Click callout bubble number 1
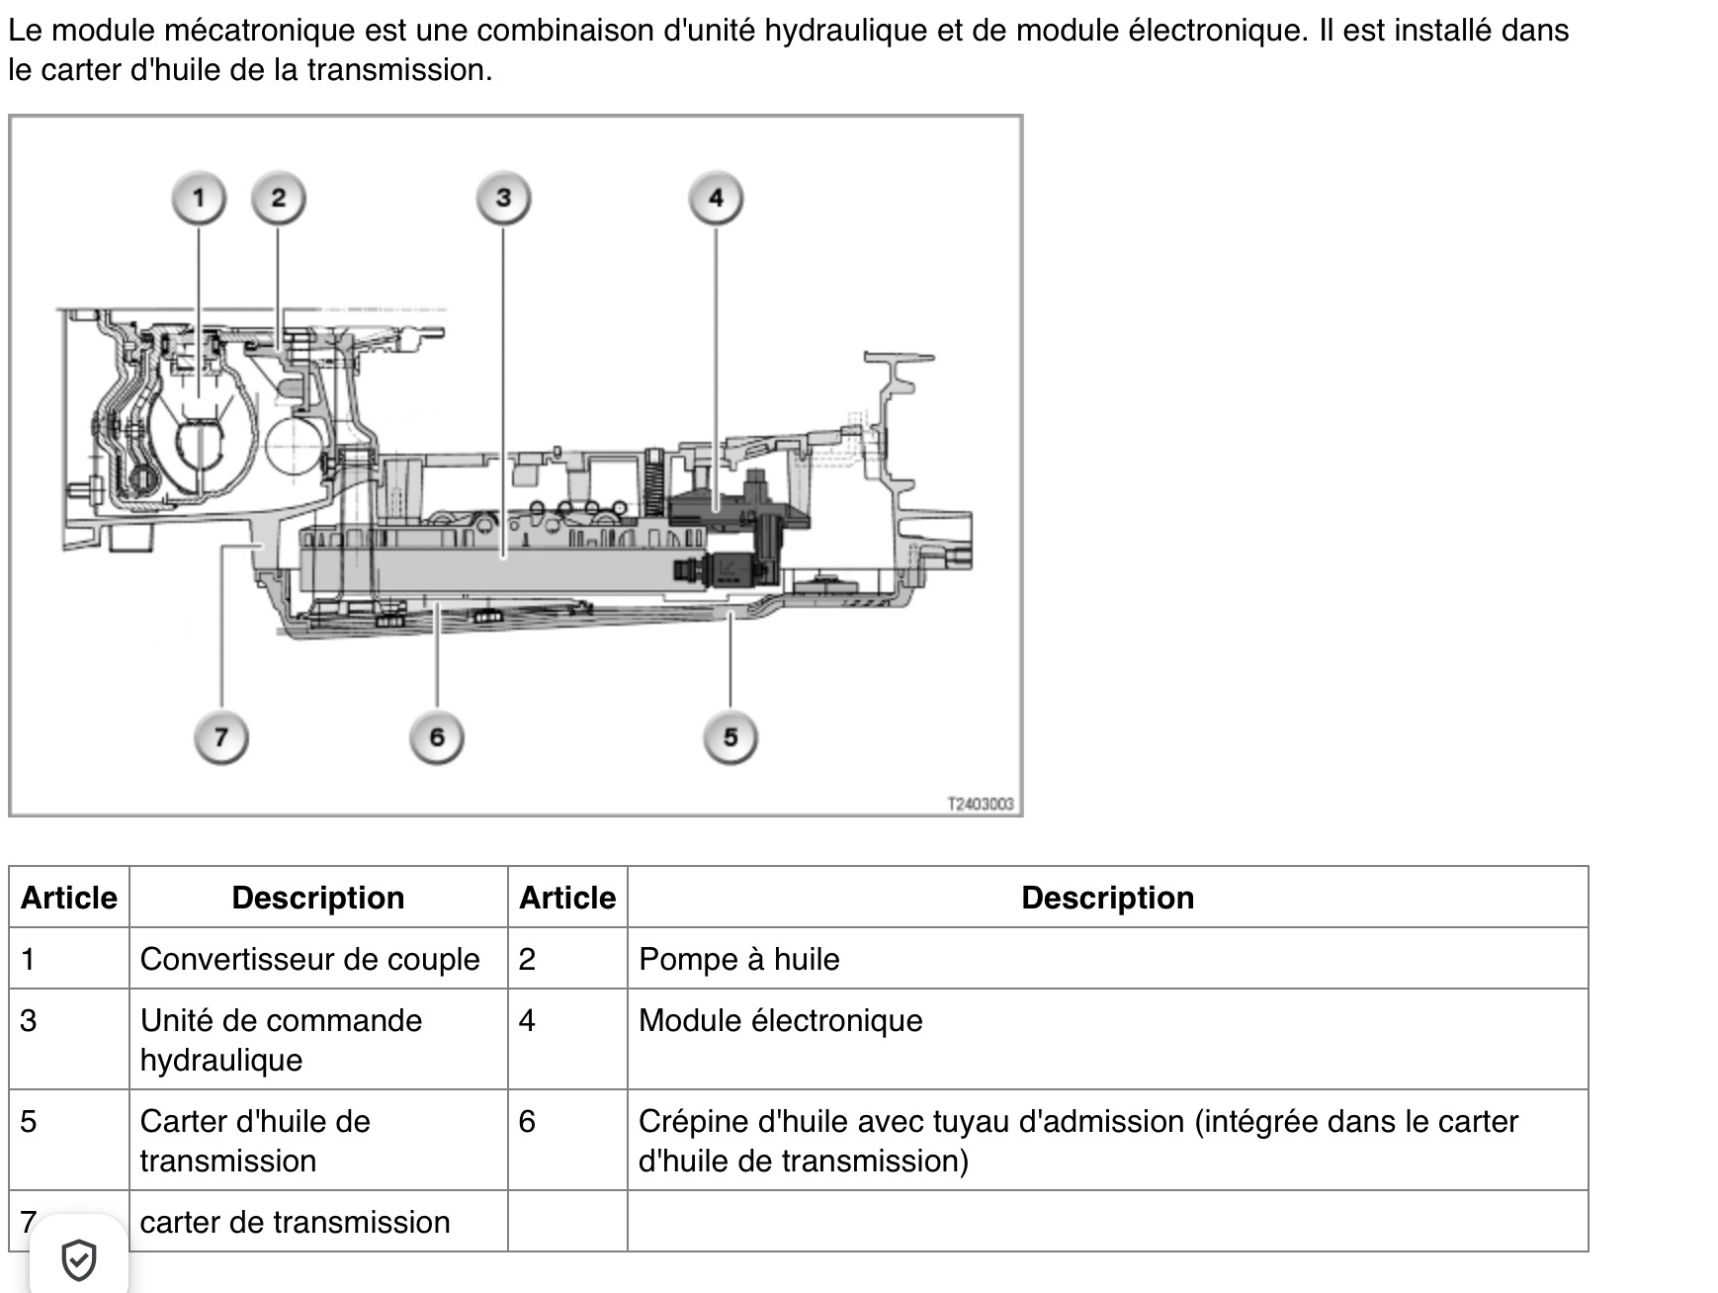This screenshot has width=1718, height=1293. pyautogui.click(x=199, y=199)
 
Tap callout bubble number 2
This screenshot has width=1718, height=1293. pyautogui.click(x=278, y=199)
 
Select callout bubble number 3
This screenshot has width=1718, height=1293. pyautogui.click(x=503, y=199)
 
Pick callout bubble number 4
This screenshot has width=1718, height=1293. pyautogui.click(x=716, y=199)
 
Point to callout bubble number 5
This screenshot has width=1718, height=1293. pyautogui.click(x=730, y=737)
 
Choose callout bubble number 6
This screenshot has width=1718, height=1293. pyautogui.click(x=437, y=737)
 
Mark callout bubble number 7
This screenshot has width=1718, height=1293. pyautogui.click(x=220, y=737)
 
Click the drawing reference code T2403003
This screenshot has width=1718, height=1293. pyautogui.click(x=981, y=804)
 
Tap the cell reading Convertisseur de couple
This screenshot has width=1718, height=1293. pyautogui.click(x=318, y=959)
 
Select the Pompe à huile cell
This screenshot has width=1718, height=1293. pyautogui.click(x=1107, y=959)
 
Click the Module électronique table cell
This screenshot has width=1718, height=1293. pyautogui.click(x=1107, y=1040)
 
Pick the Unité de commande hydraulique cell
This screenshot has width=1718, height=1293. pyautogui.click(x=318, y=1040)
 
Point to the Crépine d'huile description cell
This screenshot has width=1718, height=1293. pyautogui.click(x=1107, y=1141)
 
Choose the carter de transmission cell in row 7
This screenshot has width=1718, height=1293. pyautogui.click(x=318, y=1222)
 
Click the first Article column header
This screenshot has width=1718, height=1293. pyautogui.click(x=69, y=898)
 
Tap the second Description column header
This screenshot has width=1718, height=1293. pyautogui.click(x=1107, y=898)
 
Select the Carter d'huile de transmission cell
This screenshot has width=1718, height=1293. pyautogui.click(x=318, y=1141)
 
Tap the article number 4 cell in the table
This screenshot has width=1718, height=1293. pyautogui.click(x=567, y=1040)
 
